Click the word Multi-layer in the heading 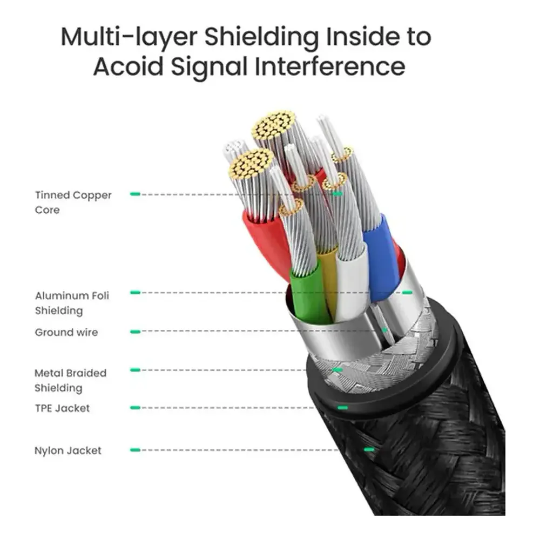click(x=129, y=37)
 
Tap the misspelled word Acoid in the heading click(x=128, y=66)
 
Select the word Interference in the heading click(x=329, y=66)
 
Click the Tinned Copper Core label click(x=73, y=202)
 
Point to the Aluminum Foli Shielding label click(x=72, y=303)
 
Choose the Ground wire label click(x=66, y=332)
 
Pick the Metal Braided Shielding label click(x=70, y=380)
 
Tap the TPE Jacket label click(x=62, y=408)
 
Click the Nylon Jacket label click(x=68, y=450)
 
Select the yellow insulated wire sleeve click(x=328, y=275)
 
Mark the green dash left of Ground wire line click(x=136, y=332)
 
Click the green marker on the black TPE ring click(x=342, y=408)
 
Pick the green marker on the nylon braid click(x=369, y=449)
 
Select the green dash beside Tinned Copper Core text click(x=136, y=194)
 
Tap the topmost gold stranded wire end click(x=274, y=124)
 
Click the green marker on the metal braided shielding click(x=337, y=370)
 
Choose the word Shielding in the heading click(x=261, y=37)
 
